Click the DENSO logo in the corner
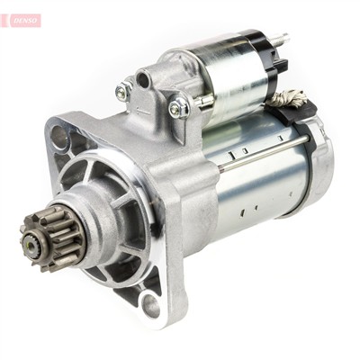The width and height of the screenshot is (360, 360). [x=21, y=19]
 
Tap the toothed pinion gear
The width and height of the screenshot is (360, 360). [x=47, y=236]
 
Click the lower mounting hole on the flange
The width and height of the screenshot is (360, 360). [x=151, y=305]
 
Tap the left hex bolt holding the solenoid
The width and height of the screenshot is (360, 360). [x=124, y=91]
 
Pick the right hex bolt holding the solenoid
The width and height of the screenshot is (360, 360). [x=179, y=107]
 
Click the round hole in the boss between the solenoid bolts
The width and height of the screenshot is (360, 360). [x=144, y=80]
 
